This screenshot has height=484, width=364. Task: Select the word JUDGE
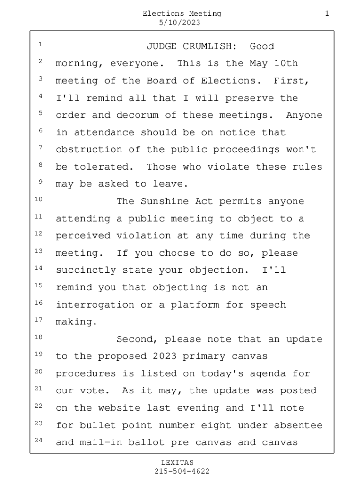162,46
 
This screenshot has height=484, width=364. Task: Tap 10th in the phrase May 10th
286,63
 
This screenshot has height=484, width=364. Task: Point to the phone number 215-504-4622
182,471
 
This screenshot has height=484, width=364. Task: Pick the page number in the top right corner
327,14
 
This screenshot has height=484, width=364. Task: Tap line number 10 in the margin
39,199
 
